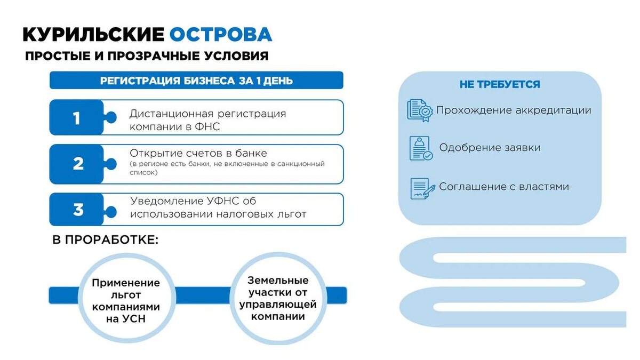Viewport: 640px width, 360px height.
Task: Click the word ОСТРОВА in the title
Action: [221, 35]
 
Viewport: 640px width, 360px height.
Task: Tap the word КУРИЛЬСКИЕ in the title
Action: [93, 35]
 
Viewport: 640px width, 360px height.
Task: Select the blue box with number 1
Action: [77, 118]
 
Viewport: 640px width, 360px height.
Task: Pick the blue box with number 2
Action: [78, 164]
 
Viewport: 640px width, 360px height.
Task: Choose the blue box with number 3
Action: [78, 210]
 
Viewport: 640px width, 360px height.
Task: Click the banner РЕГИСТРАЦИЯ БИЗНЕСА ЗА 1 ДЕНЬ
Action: [196, 81]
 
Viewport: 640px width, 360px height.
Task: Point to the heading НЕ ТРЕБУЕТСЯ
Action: [500, 85]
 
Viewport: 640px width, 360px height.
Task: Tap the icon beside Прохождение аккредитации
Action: [420, 110]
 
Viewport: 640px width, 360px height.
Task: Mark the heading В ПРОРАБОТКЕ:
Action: [106, 240]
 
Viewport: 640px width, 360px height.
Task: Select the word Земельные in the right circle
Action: [278, 281]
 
